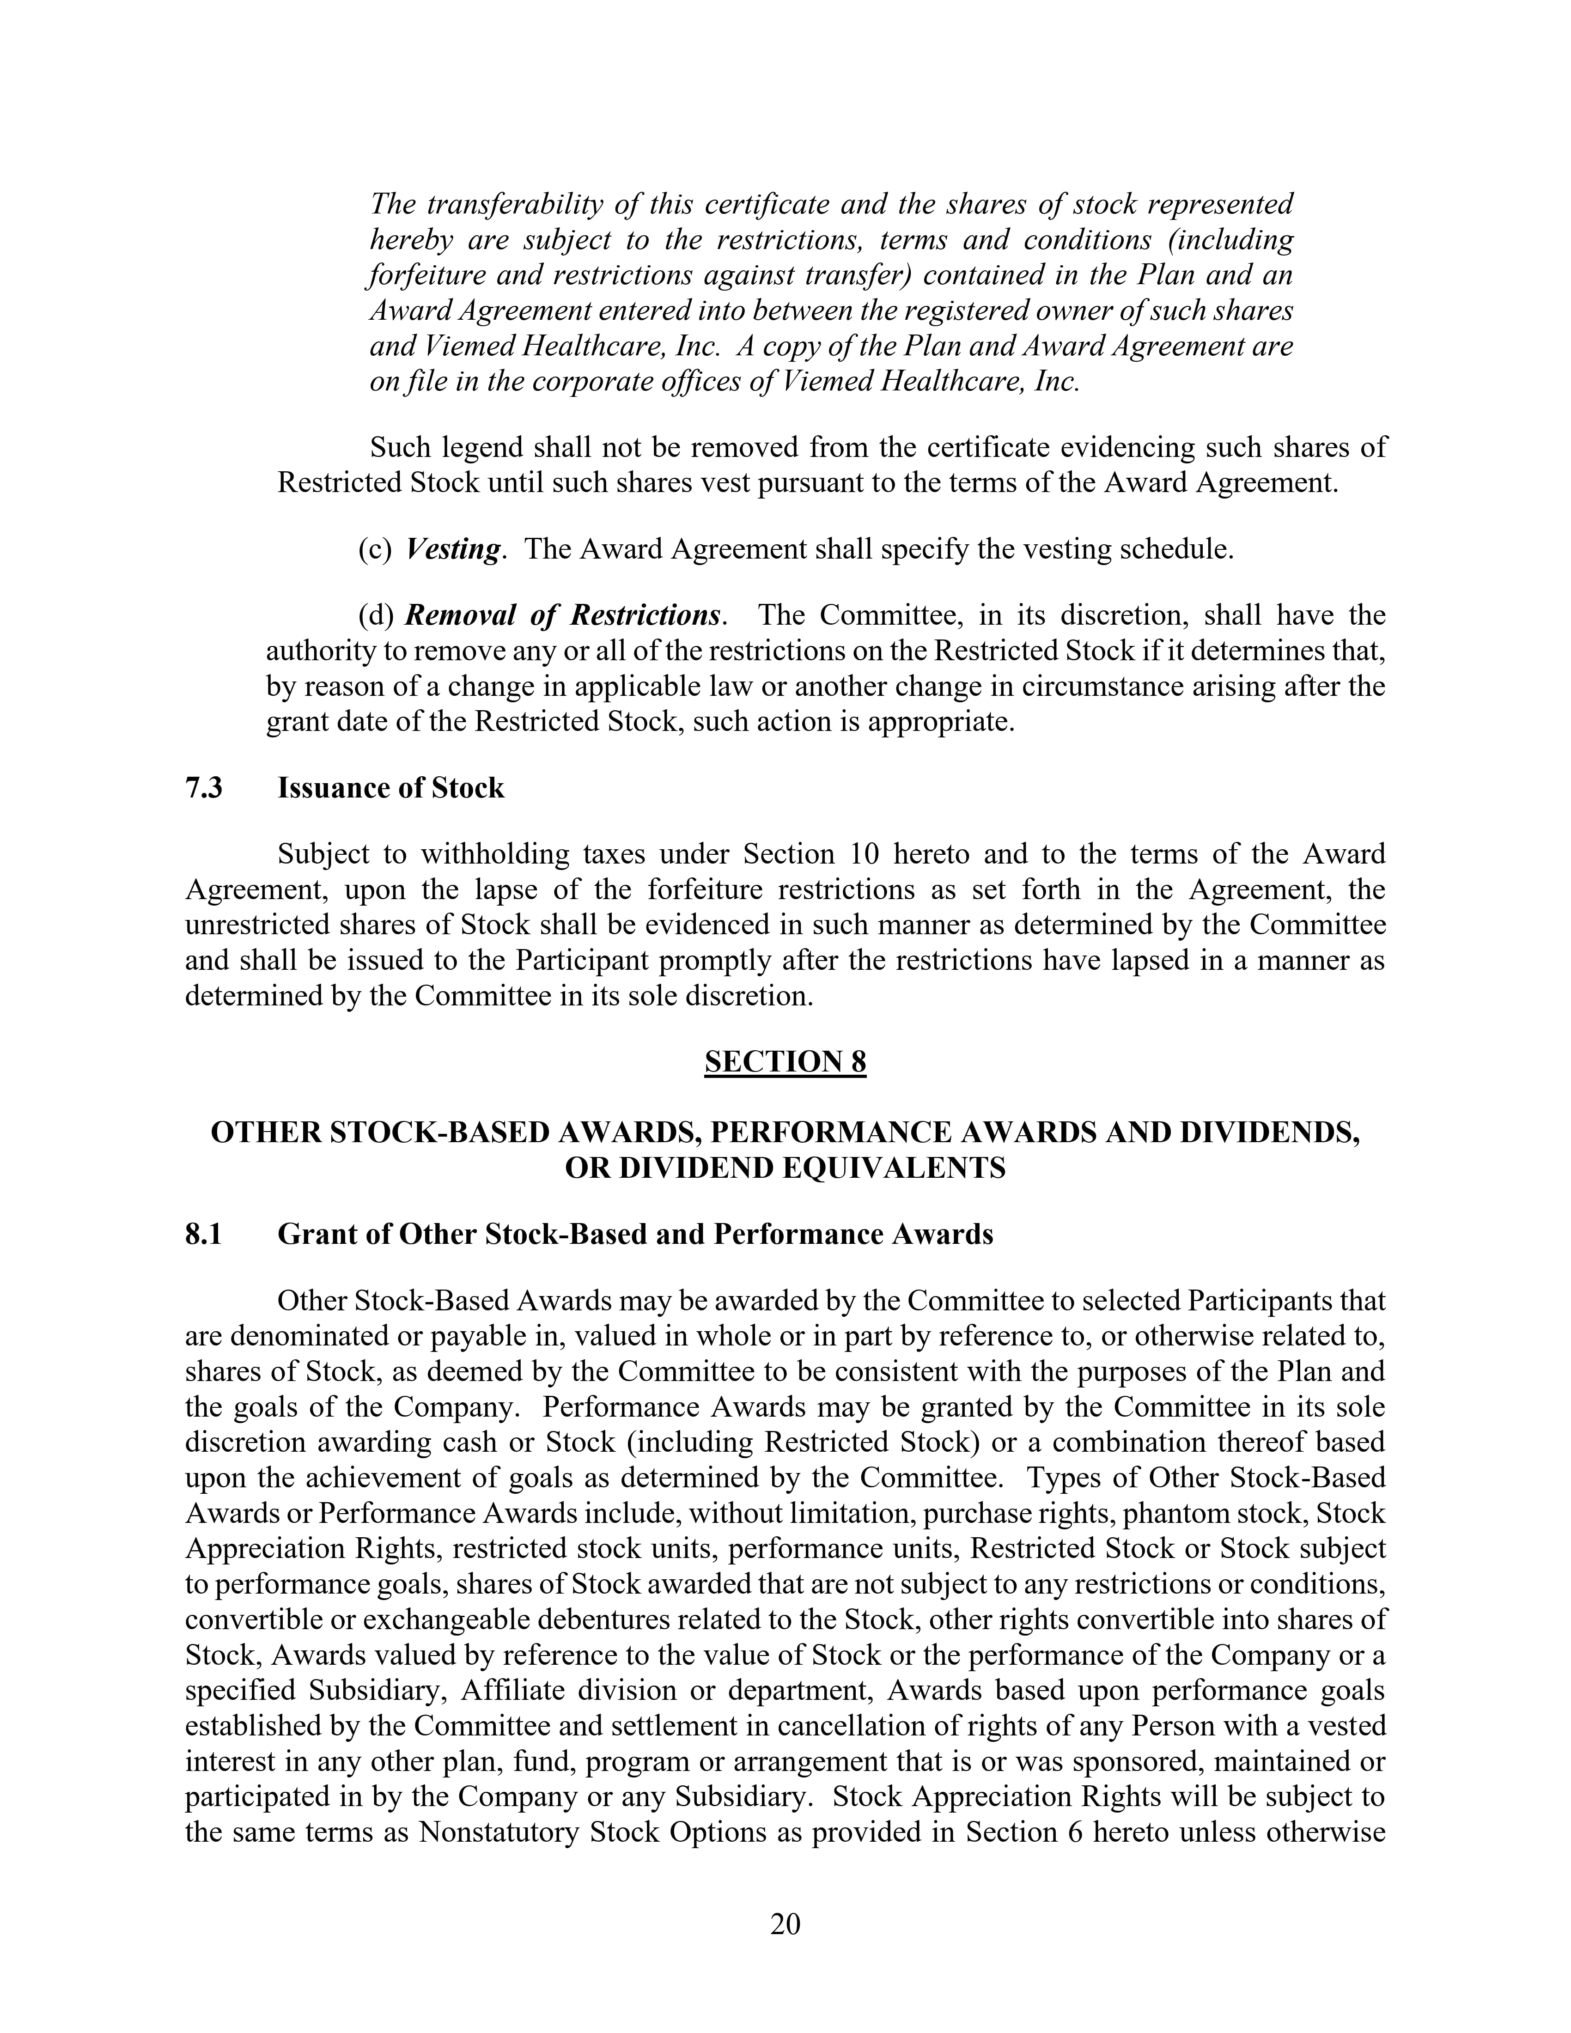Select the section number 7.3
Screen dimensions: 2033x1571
tap(204, 788)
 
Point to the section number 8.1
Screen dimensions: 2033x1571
tap(204, 1234)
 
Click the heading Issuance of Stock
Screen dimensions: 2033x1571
tap(391, 788)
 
